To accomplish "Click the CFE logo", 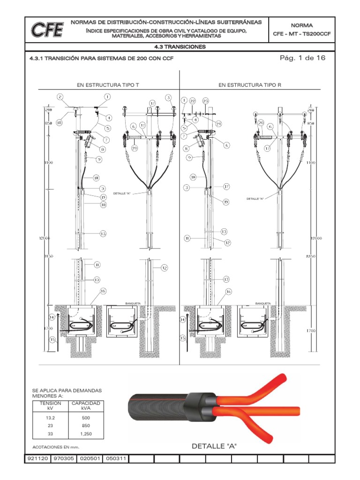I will pos(47,30).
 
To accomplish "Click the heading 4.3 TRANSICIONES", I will pos(180,47).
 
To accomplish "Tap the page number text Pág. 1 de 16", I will pos(302,58).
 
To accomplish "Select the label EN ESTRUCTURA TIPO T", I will pos(108,85).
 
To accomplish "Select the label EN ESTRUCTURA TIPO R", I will pos(250,85).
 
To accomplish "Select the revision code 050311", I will pos(115,458).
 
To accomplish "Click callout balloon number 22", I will pos(193,101).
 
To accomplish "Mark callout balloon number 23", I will pos(205,101).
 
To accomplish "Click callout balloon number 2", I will pos(60,97).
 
